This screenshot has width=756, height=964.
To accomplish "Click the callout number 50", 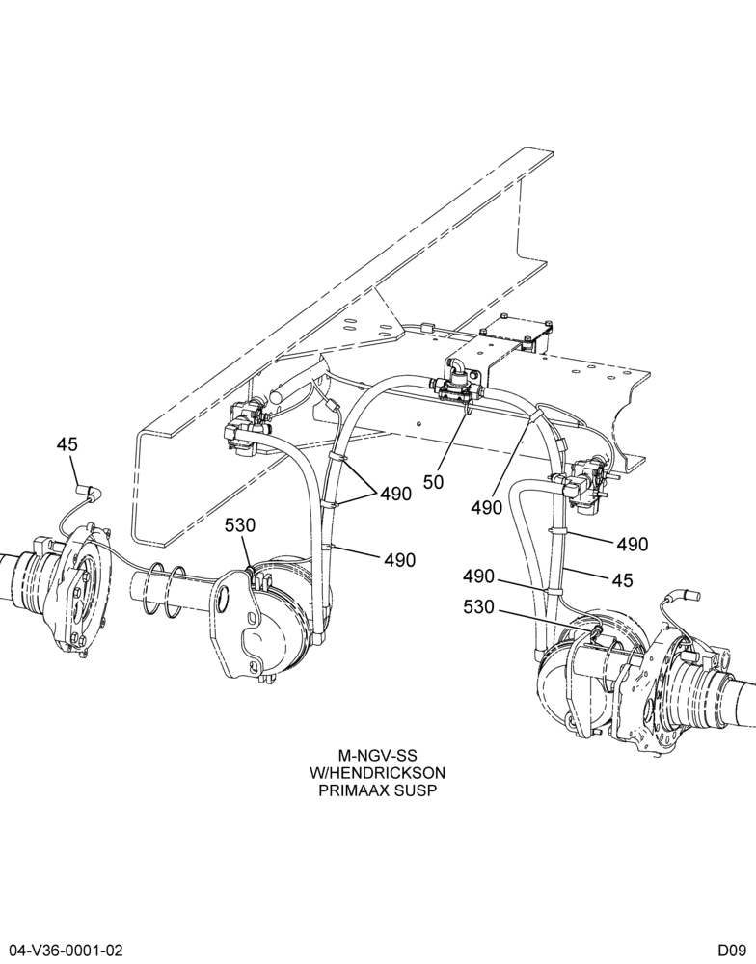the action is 433,481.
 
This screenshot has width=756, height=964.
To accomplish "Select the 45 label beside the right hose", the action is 623,579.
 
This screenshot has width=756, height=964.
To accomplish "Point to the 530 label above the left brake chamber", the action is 240,525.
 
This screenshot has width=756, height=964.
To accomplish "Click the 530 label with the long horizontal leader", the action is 478,607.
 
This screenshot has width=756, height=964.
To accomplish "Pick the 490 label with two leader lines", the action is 395,494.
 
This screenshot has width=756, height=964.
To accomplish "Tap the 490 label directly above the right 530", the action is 478,576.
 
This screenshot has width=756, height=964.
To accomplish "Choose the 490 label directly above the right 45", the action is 633,544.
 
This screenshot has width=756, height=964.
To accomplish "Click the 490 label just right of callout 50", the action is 487,507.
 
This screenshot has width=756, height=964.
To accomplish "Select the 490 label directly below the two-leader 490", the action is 400,560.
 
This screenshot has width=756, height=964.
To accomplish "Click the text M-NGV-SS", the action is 378,755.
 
